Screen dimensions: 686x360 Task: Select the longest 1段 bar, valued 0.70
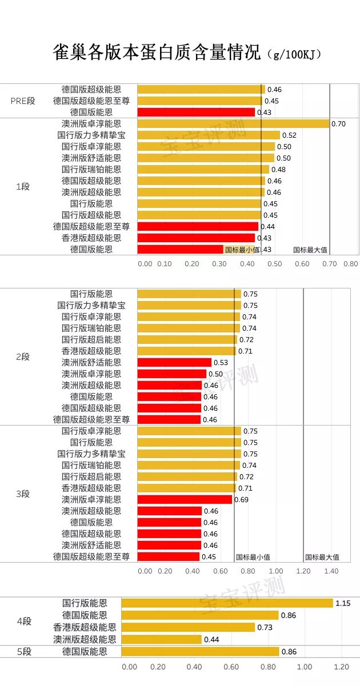(x=233, y=124)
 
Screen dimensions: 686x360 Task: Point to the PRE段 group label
(x=23, y=101)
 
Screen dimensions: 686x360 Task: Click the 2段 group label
(x=23, y=357)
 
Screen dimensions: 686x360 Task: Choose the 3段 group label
(x=23, y=494)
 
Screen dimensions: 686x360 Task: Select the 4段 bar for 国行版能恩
(x=227, y=603)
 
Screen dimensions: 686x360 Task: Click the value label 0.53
(x=221, y=363)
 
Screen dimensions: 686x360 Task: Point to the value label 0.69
(x=241, y=500)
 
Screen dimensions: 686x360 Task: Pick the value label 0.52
(x=289, y=135)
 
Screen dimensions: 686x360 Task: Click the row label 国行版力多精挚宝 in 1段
(x=91, y=135)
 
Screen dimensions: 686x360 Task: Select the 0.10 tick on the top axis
(x=164, y=264)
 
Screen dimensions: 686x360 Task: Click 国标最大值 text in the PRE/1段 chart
(x=310, y=250)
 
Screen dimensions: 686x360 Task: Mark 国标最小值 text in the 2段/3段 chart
(x=253, y=557)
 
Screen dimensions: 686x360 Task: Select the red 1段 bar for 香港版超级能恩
(x=196, y=238)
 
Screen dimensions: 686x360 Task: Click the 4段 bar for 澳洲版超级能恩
(x=161, y=640)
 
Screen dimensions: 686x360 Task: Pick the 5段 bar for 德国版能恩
(x=200, y=652)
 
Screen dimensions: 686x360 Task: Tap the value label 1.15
(x=343, y=603)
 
